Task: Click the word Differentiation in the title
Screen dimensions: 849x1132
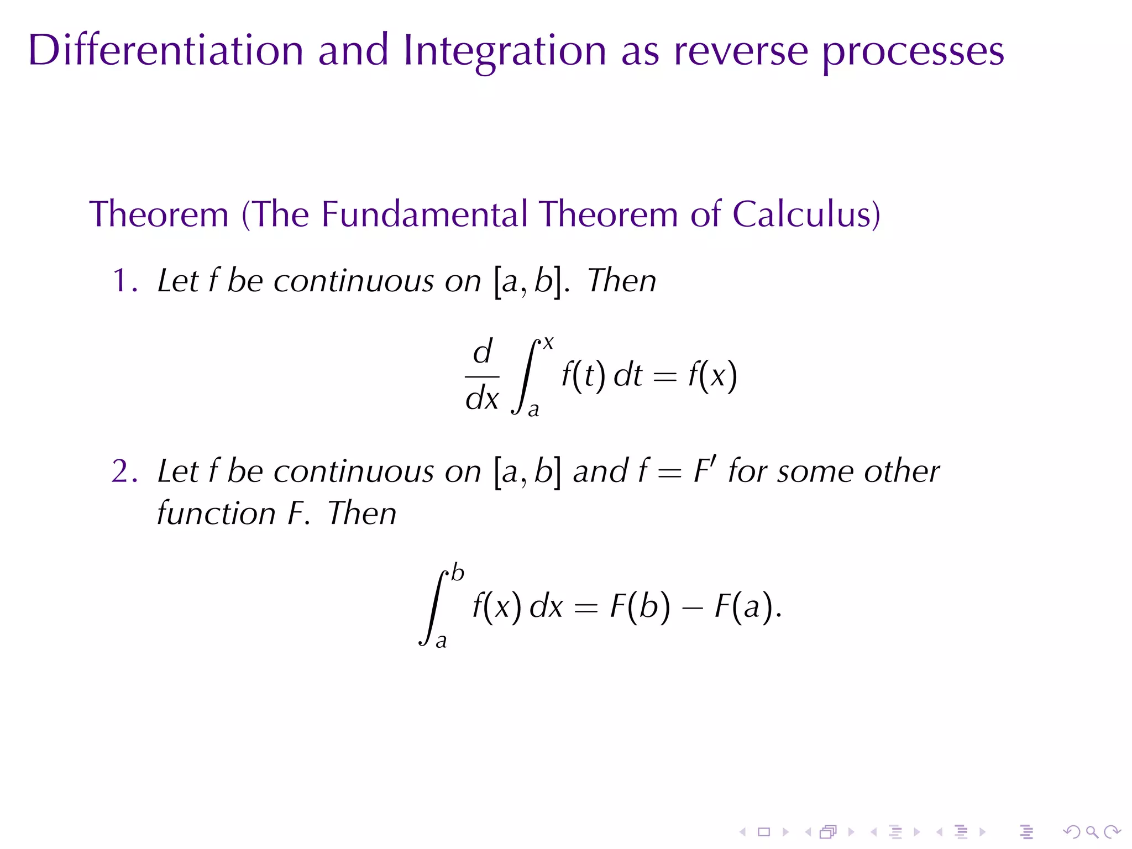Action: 166,51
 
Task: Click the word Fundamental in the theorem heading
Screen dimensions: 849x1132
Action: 424,214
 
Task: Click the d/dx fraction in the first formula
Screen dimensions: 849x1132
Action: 482,375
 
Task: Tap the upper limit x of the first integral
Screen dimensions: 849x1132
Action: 548,343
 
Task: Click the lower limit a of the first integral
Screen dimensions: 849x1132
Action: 533,410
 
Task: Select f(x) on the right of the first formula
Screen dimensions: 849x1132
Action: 712,376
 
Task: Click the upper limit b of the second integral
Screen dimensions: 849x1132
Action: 458,573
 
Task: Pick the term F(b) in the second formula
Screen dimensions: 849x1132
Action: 640,606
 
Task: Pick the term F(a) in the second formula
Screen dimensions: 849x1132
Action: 744,606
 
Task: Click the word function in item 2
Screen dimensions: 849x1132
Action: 216,513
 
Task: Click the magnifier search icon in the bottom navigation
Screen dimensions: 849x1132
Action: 1092,832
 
